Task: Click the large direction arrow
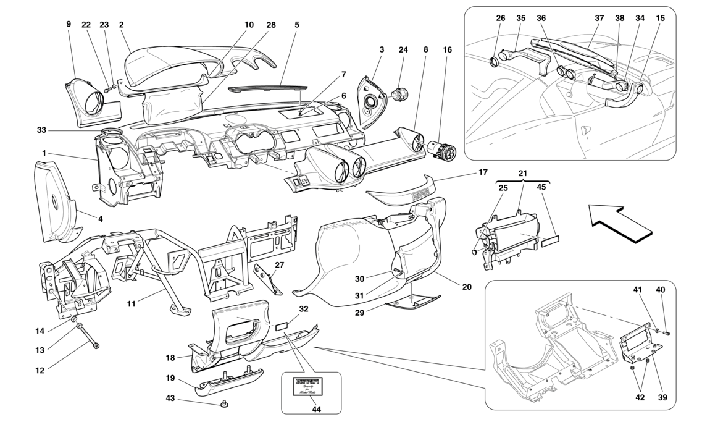619,223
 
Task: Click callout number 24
403,49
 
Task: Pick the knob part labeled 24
398,95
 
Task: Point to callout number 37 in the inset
599,19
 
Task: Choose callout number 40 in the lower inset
661,289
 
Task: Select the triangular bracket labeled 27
267,279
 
